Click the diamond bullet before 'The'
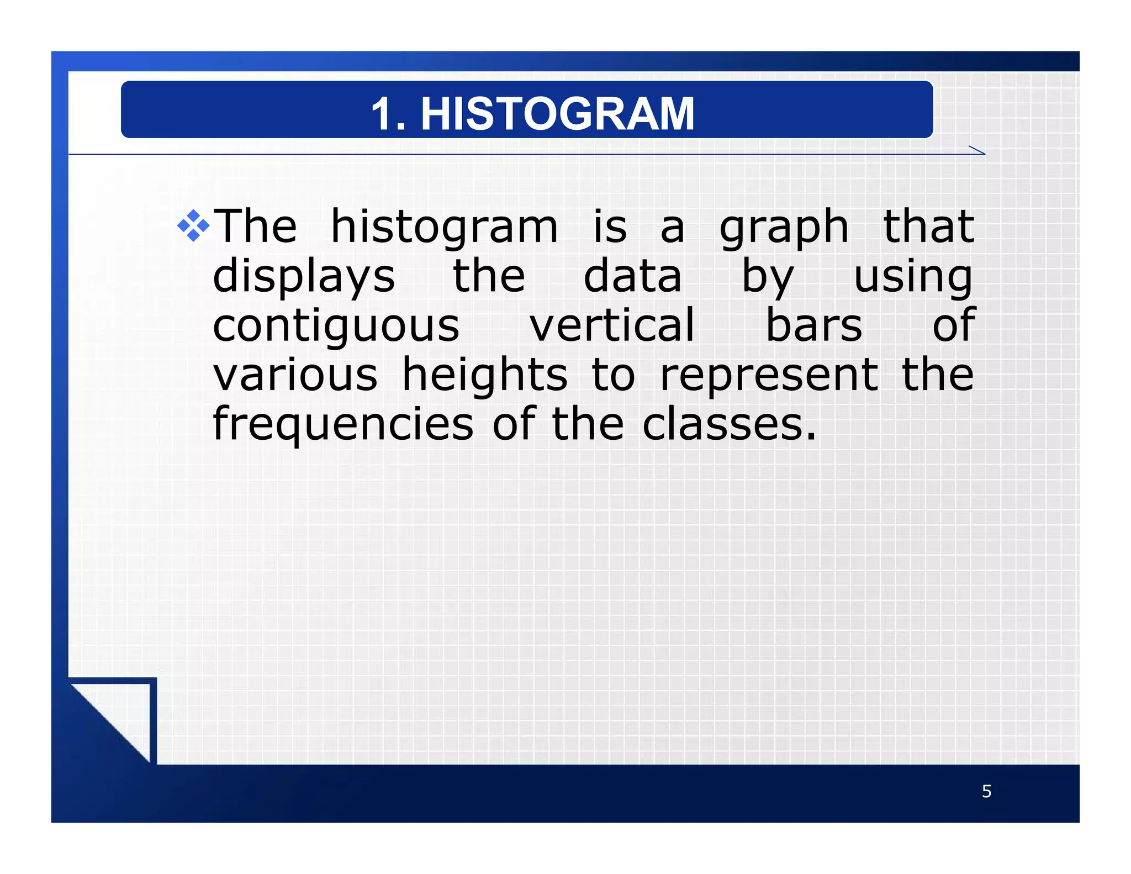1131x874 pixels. [193, 226]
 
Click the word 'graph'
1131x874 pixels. [784, 228]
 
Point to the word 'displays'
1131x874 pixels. [304, 277]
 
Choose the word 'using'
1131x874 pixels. [913, 277]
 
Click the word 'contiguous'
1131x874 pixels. [336, 326]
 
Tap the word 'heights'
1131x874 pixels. [484, 376]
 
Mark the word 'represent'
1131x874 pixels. [769, 376]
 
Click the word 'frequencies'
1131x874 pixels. [343, 425]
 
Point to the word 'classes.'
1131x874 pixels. [729, 424]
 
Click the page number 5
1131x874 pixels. [986, 792]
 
